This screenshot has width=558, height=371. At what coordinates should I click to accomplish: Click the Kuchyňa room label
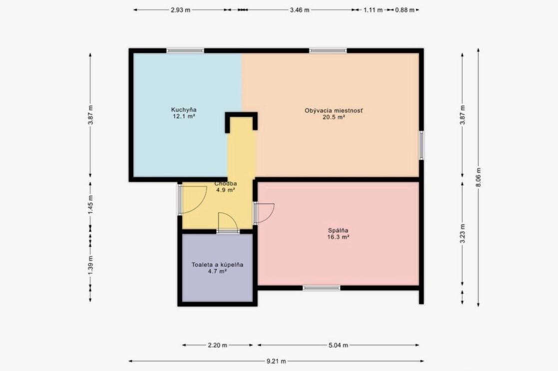click(184, 110)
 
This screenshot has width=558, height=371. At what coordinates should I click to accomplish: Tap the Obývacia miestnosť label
click(333, 111)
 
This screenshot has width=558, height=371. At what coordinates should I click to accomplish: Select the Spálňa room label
click(338, 230)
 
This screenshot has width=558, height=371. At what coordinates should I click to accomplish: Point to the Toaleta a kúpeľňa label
click(217, 265)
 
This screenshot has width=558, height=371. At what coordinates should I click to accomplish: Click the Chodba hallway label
click(226, 184)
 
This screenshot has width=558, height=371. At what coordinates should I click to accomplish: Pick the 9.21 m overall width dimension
click(276, 361)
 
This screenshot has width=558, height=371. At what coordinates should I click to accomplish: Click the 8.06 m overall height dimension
click(479, 177)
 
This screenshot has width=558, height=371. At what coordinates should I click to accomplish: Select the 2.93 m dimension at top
click(180, 10)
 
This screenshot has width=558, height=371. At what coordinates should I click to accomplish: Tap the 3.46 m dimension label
click(300, 10)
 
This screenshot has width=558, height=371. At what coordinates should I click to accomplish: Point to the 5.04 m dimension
click(338, 345)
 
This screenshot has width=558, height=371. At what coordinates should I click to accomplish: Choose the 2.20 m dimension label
click(217, 345)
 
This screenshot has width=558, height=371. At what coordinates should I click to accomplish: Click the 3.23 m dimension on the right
click(463, 233)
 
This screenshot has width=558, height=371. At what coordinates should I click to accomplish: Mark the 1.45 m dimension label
click(90, 204)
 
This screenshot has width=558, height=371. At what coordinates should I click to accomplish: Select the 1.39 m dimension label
click(90, 265)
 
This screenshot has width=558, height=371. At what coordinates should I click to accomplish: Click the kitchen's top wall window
click(185, 50)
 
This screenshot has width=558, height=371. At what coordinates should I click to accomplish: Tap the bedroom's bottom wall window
click(321, 288)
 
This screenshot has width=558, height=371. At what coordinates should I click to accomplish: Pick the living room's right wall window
click(421, 145)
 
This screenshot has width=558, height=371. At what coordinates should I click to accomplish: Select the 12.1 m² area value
click(184, 116)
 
